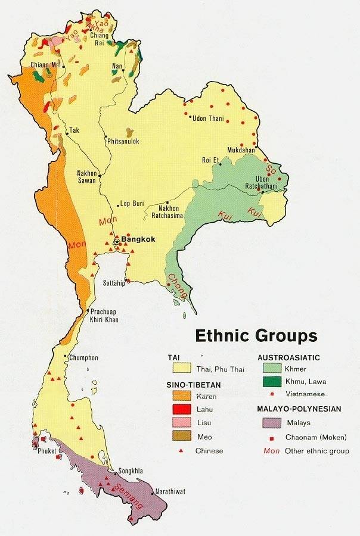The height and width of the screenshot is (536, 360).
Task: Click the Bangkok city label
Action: click(138, 239)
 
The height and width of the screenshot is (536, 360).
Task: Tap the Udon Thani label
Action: click(208, 119)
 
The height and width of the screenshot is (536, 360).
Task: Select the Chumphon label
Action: click(83, 358)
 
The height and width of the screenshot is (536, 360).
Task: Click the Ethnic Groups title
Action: click(256, 336)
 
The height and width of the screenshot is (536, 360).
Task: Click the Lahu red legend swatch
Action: click(182, 409)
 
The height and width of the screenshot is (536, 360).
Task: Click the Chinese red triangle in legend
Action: click(182, 450)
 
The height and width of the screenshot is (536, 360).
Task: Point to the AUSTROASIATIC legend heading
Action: click(289, 357)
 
